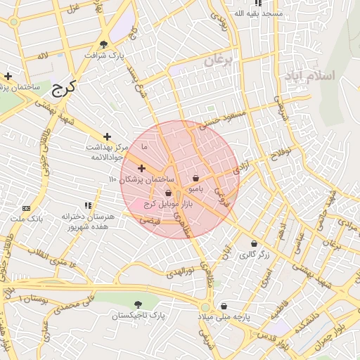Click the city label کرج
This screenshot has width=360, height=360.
pyautogui.click(x=63, y=89)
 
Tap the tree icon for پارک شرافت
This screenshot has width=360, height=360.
pyautogui.click(x=104, y=44)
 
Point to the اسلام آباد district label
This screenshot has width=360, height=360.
pyautogui.click(x=308, y=75)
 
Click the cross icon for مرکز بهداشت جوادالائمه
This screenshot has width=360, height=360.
pyautogui.click(x=107, y=136)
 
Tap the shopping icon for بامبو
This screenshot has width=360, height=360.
pyautogui.click(x=195, y=178)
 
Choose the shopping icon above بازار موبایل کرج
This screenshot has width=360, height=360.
pyautogui.click(x=168, y=193)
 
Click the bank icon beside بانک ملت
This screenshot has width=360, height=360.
pyautogui.click(x=27, y=209)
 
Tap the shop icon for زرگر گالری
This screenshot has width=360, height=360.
pyautogui.click(x=253, y=244)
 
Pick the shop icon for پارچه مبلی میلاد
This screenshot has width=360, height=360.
pyautogui.click(x=224, y=306)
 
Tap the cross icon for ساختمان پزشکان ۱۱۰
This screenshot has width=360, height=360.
pyautogui.click(x=141, y=168)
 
